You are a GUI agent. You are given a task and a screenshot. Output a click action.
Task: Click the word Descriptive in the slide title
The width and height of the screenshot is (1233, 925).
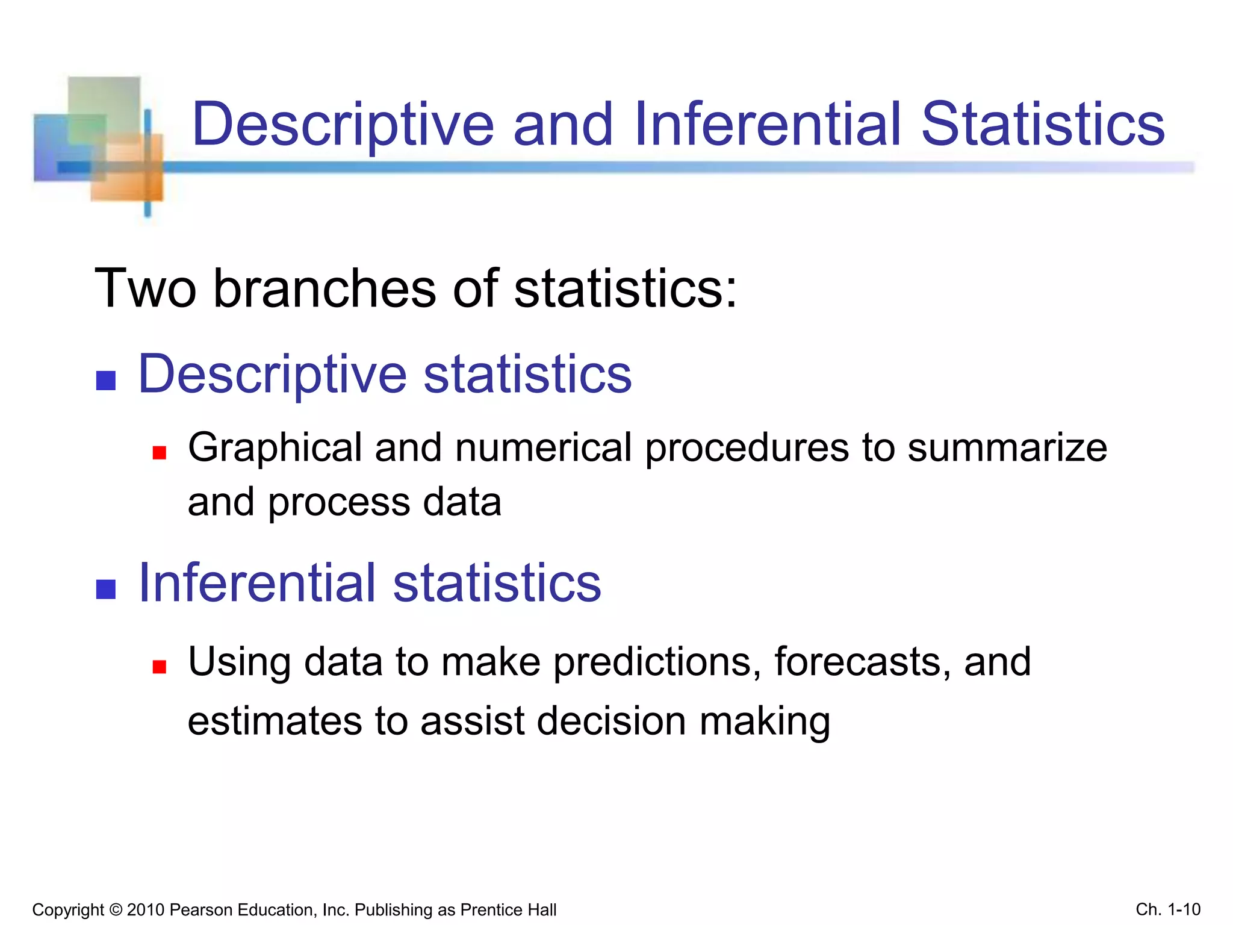(343, 125)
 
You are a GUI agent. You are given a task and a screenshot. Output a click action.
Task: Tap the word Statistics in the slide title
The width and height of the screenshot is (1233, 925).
(1043, 125)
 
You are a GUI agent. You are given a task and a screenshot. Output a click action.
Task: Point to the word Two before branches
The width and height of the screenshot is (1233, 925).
(145, 289)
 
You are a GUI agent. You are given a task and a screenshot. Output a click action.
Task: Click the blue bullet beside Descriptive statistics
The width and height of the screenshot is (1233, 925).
(106, 381)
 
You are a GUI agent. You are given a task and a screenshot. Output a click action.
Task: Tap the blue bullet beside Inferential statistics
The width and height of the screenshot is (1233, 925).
(106, 589)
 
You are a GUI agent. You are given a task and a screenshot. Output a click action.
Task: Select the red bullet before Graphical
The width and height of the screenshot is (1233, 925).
(159, 453)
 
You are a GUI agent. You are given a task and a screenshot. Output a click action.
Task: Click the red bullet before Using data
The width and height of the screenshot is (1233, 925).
(159, 667)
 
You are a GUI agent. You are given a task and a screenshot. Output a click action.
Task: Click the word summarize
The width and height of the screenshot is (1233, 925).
(1007, 449)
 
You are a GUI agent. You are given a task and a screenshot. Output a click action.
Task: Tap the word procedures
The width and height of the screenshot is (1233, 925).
(747, 449)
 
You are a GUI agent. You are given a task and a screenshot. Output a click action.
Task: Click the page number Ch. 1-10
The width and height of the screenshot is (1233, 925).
(1168, 909)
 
